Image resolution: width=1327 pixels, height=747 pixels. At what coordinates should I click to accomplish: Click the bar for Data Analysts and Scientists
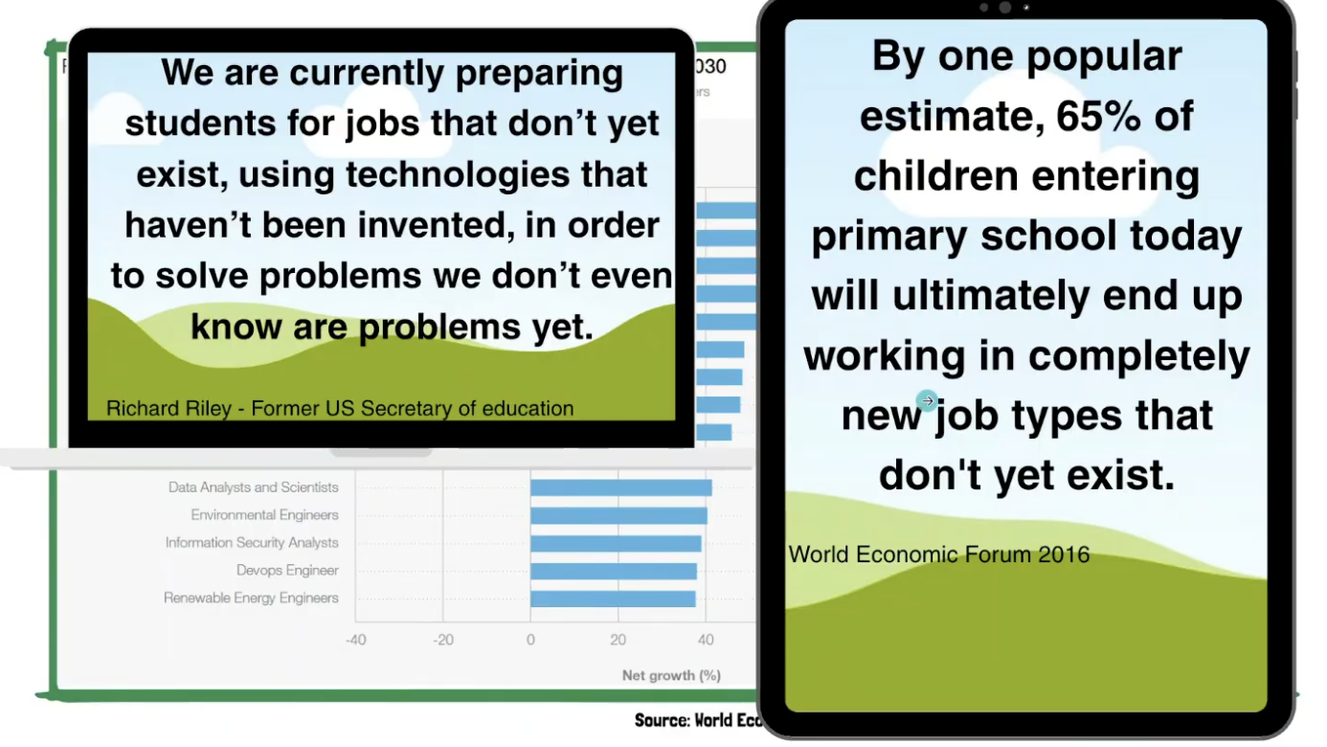coord(620,487)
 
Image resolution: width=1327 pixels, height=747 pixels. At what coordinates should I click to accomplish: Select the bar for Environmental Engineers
coord(619,515)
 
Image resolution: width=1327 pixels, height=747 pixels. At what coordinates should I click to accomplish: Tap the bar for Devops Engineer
coord(613,571)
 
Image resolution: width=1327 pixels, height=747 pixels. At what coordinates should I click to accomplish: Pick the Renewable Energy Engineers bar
coord(613,599)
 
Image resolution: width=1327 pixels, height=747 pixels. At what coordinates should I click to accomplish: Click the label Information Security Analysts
coord(252,542)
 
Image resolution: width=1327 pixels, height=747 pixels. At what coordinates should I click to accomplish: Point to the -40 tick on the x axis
coord(355,640)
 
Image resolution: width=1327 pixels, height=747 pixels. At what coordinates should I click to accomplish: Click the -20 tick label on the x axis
coord(442,640)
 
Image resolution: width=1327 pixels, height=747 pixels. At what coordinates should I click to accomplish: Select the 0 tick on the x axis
coord(530,640)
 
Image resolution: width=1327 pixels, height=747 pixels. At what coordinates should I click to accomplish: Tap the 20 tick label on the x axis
coord(618,640)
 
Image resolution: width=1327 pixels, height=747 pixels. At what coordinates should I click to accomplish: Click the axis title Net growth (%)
coord(671,675)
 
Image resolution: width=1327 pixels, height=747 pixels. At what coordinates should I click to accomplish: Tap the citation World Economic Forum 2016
coord(939,555)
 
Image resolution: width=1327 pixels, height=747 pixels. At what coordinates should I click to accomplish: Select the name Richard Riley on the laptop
coord(169,409)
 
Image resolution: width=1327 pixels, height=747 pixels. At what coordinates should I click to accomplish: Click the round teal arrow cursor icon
coord(926,400)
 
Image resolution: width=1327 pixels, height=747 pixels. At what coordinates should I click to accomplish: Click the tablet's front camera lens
coord(1005,8)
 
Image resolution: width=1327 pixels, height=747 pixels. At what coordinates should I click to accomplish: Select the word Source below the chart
coord(661,720)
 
